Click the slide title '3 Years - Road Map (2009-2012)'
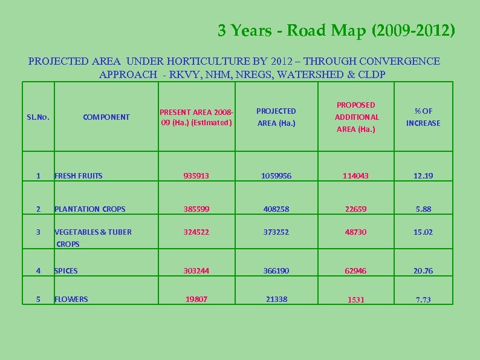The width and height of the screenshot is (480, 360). (337, 31)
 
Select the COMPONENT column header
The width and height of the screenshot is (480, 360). (106, 117)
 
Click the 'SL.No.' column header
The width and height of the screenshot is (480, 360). (38, 117)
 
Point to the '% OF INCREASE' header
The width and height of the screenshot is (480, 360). (423, 117)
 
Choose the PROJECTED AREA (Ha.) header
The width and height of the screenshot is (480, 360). (276, 117)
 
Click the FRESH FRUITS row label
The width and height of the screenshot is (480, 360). (79, 176)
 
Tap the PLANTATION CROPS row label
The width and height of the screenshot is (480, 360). (89, 209)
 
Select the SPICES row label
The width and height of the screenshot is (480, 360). (66, 271)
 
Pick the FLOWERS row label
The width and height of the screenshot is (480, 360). (71, 299)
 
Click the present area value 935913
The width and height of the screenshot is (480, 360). (196, 176)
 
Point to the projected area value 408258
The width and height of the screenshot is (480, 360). (276, 209)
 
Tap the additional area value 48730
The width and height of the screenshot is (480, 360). (356, 232)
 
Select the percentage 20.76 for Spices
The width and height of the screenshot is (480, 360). (423, 271)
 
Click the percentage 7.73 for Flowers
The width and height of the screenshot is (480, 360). (423, 300)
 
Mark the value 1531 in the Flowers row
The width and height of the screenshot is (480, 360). (356, 300)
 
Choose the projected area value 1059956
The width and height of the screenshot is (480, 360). (276, 176)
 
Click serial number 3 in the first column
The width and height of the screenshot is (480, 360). (38, 232)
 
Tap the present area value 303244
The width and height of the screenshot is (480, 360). (196, 271)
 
